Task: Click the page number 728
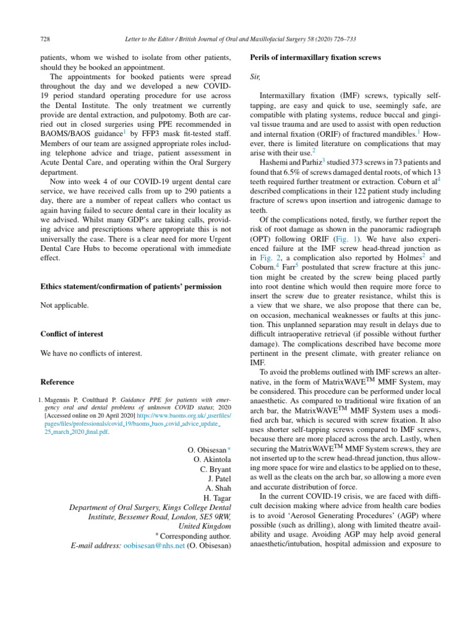pyautogui.click(x=45, y=39)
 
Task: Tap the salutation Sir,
pyautogui.click(x=254, y=77)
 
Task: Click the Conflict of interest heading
pyautogui.click(x=71, y=334)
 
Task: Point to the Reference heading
pyautogui.click(x=57, y=382)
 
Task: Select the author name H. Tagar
pyautogui.click(x=216, y=498)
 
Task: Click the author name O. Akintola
pyautogui.click(x=212, y=459)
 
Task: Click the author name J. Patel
pyautogui.click(x=218, y=478)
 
